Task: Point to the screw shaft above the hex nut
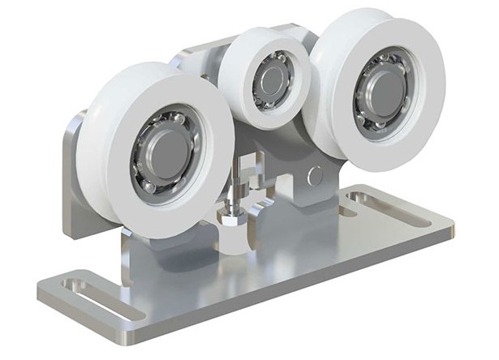pyautogui.click(x=234, y=195)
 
